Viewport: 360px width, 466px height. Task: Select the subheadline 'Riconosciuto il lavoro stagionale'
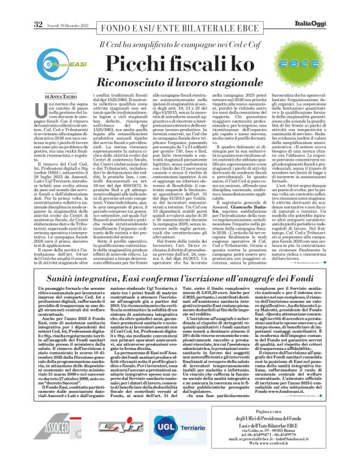tap(184, 81)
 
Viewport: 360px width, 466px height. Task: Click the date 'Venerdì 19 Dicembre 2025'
tap(66, 7)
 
